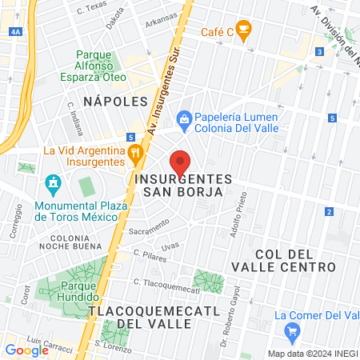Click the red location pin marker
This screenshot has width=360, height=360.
click(x=180, y=162)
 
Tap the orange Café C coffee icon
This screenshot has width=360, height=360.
click(x=244, y=30)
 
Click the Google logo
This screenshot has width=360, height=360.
click(x=26, y=350)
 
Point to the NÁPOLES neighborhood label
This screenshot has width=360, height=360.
click(x=117, y=102)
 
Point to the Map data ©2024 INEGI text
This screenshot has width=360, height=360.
click(x=312, y=353)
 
